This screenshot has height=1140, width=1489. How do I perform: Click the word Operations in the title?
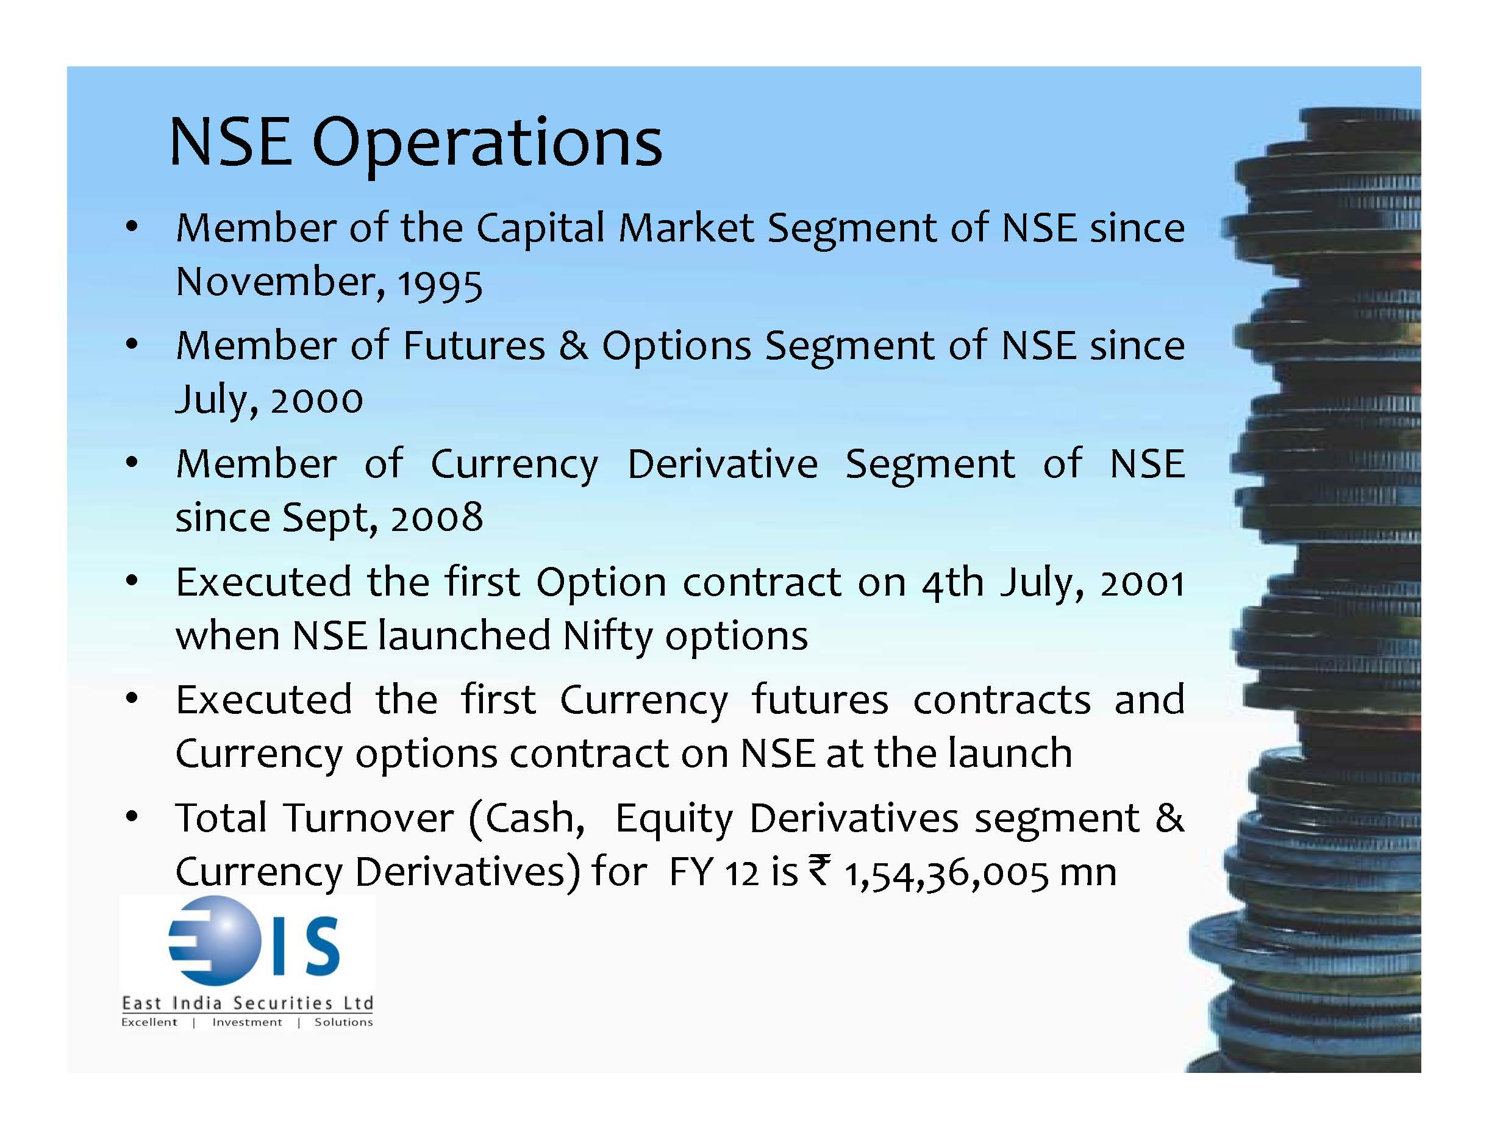pyautogui.click(x=487, y=143)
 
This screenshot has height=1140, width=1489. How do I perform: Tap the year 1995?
pyautogui.click(x=440, y=283)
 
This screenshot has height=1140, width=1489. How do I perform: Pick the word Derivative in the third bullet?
pyautogui.click(x=722, y=464)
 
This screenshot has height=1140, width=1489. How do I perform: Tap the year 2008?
pyautogui.click(x=437, y=518)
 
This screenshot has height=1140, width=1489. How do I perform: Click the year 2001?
pyautogui.click(x=1142, y=583)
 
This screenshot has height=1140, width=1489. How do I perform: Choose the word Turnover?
pyautogui.click(x=369, y=818)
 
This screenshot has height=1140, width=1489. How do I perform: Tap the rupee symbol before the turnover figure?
pyautogui.click(x=819, y=870)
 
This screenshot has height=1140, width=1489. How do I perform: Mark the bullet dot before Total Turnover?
pyautogui.click(x=132, y=816)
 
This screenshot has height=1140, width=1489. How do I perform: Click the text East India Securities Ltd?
pyautogui.click(x=247, y=1003)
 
